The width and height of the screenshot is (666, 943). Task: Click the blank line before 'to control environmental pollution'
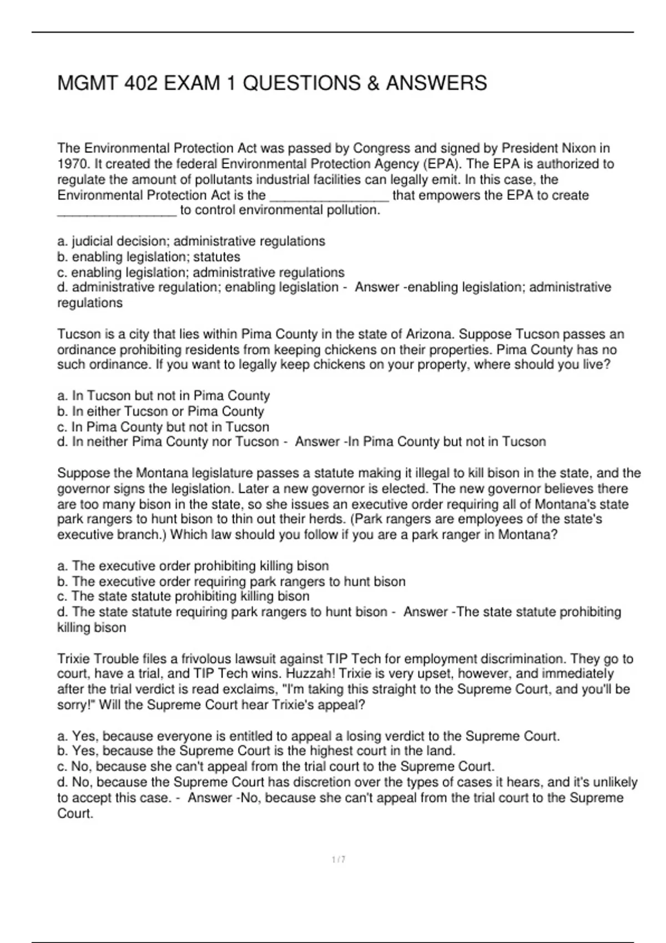[x=117, y=211]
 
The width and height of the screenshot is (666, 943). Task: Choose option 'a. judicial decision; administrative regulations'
[x=191, y=241]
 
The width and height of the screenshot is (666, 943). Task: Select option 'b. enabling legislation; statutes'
[x=149, y=257]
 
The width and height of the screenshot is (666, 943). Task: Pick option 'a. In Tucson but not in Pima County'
[x=163, y=396]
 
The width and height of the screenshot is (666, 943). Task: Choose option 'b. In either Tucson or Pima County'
[x=160, y=412]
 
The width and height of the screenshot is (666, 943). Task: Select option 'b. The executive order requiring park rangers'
[x=231, y=581]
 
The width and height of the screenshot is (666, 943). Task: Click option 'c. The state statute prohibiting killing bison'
[x=183, y=596]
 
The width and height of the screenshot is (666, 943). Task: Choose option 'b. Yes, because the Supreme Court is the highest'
[x=256, y=751]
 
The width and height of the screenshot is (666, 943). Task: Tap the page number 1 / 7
[x=339, y=860]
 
